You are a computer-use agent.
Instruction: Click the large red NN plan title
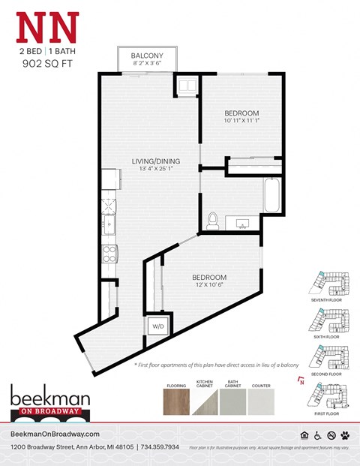point(46,29)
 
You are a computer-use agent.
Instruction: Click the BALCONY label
point(147,56)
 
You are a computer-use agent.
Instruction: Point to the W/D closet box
point(158,326)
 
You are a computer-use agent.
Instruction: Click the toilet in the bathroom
point(212,221)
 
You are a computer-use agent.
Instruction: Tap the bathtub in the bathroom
point(271,196)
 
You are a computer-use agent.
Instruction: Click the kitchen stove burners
point(109,253)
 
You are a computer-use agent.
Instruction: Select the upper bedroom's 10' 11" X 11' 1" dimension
point(242,120)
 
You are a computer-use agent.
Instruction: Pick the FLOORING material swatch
point(176,402)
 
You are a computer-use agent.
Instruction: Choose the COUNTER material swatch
point(262,402)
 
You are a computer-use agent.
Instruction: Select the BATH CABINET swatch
point(233,402)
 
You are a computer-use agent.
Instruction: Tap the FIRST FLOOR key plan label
point(326,412)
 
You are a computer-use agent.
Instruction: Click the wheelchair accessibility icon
point(318,434)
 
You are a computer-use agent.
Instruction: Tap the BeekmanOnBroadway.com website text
point(55,434)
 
